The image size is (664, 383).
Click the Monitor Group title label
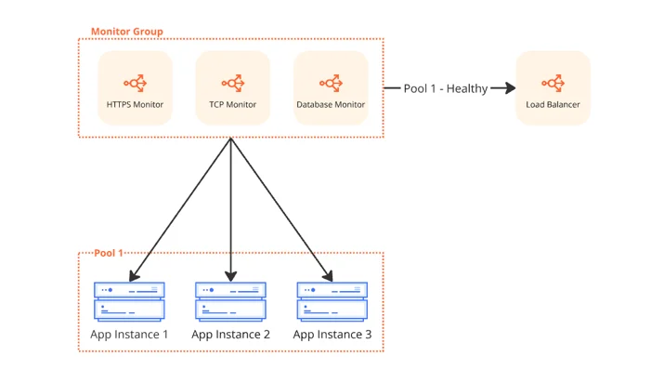pos(127,32)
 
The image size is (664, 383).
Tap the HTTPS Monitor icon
pos(135,83)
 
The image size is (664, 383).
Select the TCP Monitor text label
pos(232,105)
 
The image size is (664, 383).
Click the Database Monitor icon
pos(331,83)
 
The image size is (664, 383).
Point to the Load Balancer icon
pos(553,83)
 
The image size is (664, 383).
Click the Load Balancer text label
pos(553,105)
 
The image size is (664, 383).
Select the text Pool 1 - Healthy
pos(446,88)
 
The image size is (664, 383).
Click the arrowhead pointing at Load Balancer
pos(510,88)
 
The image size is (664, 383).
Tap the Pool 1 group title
pos(109,253)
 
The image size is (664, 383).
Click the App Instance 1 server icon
pos(129,301)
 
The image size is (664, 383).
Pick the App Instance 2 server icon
pos(231,301)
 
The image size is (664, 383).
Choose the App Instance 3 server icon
pos(332,301)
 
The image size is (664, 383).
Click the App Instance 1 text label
pos(129,335)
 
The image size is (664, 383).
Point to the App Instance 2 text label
pos(231,335)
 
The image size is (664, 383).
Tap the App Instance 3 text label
pos(332,335)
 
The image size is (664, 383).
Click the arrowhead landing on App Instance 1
pos(134,276)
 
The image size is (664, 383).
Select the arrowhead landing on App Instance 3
pos(328,276)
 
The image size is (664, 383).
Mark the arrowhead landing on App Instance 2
pos(231,277)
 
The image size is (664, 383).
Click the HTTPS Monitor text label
pos(135,105)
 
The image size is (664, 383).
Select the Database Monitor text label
pos(331,105)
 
